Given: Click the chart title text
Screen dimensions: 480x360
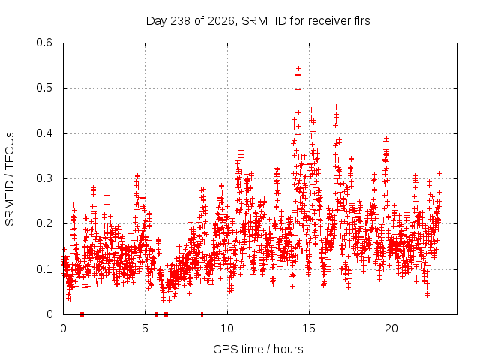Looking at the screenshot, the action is coord(258,21).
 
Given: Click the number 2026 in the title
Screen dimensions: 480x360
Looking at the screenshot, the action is coord(221,21).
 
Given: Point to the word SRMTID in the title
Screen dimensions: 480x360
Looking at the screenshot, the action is coord(264,21).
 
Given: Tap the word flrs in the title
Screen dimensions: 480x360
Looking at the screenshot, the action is coord(360,21).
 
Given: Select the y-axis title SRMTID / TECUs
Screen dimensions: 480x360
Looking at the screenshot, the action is coord(10,179).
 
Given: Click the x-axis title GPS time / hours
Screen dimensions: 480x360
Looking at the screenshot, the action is coord(258,349).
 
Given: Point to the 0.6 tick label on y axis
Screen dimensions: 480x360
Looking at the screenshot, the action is coord(44,43).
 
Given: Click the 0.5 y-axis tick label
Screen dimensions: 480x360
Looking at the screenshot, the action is coord(44,88).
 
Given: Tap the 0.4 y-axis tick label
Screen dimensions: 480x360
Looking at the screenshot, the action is coord(44,133).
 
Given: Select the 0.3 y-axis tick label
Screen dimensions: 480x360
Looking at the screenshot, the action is coord(44,178).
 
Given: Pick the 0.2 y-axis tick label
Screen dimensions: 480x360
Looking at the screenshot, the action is coord(44,223).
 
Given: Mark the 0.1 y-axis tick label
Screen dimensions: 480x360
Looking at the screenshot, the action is coord(44,269).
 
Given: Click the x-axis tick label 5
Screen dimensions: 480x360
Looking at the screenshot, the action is coord(145,328).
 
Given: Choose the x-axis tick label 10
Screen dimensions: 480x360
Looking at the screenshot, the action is coord(227,328).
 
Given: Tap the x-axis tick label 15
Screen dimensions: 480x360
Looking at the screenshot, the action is coord(309,328).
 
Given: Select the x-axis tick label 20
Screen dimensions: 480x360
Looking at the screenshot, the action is coord(391,328).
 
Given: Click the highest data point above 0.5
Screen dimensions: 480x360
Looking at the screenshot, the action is coord(298,68).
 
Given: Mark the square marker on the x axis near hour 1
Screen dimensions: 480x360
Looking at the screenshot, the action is coord(82,314).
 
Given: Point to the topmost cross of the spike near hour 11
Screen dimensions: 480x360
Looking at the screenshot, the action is coord(241,139).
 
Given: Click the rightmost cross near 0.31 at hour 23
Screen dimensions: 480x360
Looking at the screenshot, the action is coord(439,173).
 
